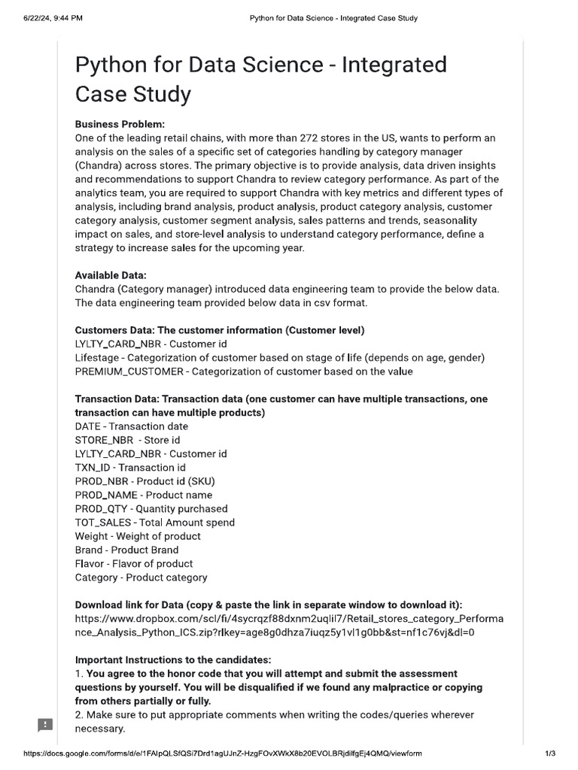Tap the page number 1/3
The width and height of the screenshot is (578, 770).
[x=550, y=753]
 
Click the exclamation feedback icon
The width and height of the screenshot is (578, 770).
[x=45, y=725]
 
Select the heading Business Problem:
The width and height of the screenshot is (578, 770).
[x=120, y=124]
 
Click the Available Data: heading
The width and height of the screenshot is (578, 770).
[x=111, y=275]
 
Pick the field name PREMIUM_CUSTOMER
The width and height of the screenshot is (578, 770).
[x=129, y=371]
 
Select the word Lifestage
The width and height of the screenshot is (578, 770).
[x=98, y=358]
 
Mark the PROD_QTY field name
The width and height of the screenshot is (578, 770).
[x=102, y=509]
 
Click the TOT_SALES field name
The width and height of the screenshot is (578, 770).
[x=105, y=523]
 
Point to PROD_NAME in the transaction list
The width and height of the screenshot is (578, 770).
[x=106, y=495]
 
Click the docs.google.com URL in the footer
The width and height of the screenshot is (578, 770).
[x=223, y=753]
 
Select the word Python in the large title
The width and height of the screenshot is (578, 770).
[x=111, y=65]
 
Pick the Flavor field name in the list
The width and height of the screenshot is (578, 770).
[x=90, y=564]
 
